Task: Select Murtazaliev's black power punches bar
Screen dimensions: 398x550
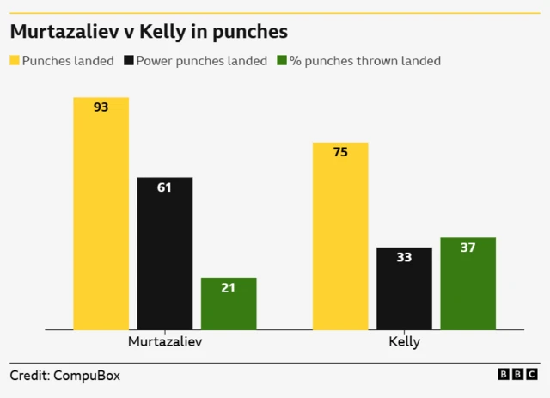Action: coord(165,254)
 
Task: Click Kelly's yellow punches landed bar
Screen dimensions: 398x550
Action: coord(340,236)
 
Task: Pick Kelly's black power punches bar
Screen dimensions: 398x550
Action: coord(404,289)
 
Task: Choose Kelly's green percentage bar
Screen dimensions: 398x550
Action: coord(467,284)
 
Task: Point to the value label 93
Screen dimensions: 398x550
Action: coord(101,107)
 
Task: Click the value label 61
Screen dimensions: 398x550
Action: coord(165,187)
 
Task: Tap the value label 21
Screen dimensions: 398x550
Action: coord(229,288)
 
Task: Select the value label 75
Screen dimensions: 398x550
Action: coord(340,152)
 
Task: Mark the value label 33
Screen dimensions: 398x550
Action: coord(404,257)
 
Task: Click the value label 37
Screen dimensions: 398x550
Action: coord(467,248)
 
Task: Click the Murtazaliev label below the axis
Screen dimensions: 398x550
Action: coord(165,342)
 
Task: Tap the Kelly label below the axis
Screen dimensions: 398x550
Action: coord(404,342)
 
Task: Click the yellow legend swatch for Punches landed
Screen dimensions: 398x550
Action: coord(15,61)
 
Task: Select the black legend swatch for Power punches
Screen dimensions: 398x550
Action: coord(130,61)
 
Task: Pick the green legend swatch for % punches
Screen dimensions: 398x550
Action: coord(282,61)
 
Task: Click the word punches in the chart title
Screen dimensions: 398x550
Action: coord(246,32)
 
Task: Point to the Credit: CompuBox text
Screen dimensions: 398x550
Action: coord(64,376)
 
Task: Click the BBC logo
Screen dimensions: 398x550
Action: coord(517,375)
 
